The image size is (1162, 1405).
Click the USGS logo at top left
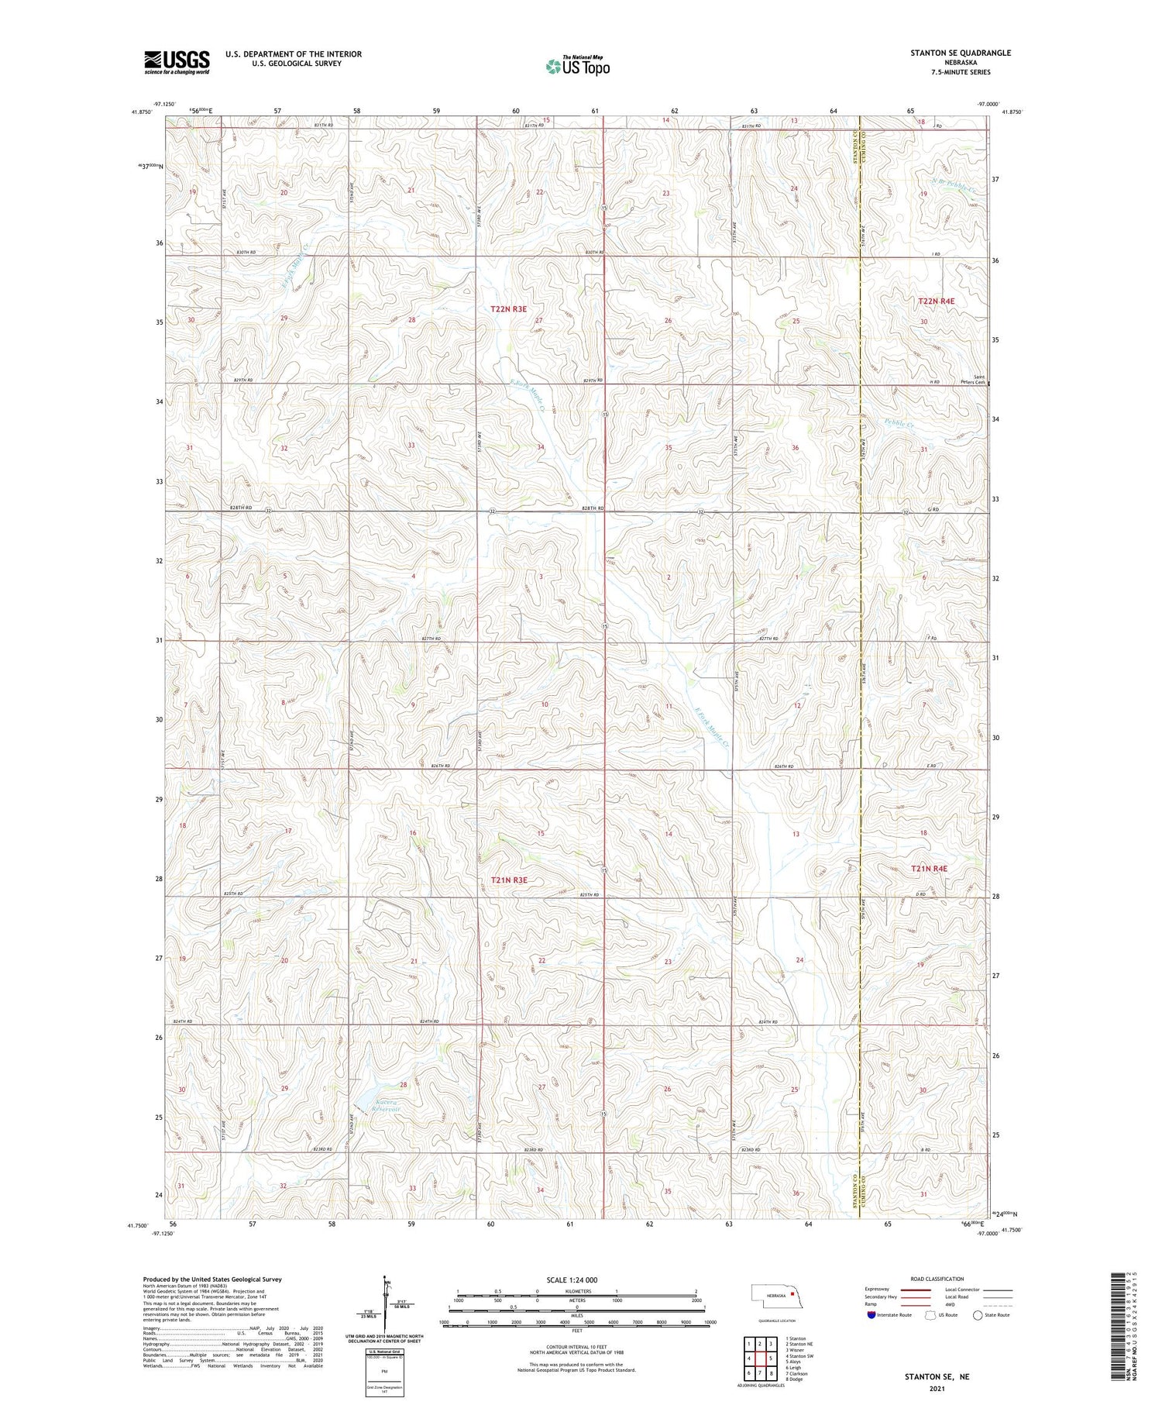(x=177, y=62)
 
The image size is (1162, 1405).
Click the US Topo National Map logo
(x=577, y=66)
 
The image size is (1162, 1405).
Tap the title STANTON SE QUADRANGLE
(x=961, y=53)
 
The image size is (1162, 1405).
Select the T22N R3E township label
(x=508, y=309)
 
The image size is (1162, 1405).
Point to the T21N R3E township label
(x=509, y=880)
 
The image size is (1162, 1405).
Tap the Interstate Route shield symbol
(x=871, y=1315)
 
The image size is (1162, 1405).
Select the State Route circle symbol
(x=978, y=1315)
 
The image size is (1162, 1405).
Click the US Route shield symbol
(x=930, y=1315)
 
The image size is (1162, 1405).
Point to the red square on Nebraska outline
(x=792, y=1293)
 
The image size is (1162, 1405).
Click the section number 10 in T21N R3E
(x=545, y=704)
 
